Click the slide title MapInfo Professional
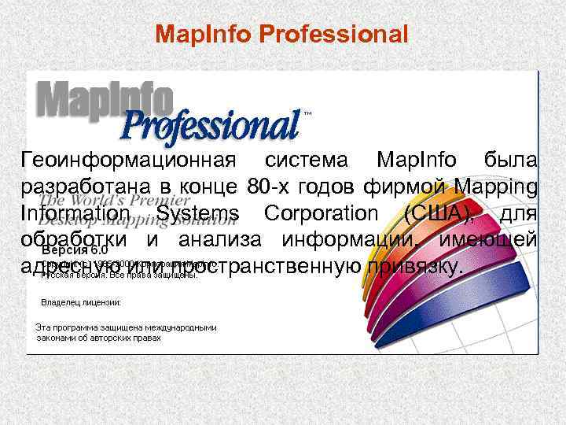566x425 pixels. pyautogui.click(x=282, y=34)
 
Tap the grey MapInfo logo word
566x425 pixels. pyautogui.click(x=105, y=100)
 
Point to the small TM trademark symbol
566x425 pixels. pyautogui.click(x=307, y=113)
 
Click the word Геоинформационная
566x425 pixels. pyautogui.click(x=128, y=161)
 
